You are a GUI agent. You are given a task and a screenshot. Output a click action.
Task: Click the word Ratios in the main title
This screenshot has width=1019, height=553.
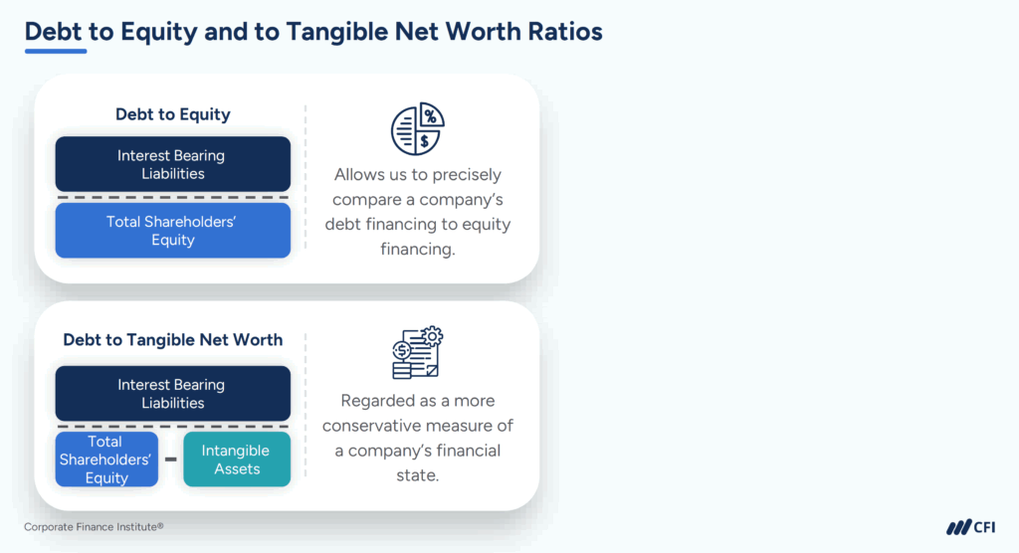(x=559, y=31)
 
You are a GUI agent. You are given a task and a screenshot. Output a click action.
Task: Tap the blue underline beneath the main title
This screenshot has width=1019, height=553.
(x=56, y=51)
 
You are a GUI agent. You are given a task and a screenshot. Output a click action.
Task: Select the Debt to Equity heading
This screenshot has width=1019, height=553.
(x=172, y=114)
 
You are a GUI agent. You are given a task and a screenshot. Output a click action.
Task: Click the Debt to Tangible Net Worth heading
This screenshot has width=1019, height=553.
(x=172, y=340)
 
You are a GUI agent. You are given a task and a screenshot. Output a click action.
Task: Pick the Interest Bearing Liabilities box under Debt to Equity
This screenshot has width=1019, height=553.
(x=172, y=164)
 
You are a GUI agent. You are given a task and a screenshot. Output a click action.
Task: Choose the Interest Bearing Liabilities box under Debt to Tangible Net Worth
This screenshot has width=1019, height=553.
(x=172, y=393)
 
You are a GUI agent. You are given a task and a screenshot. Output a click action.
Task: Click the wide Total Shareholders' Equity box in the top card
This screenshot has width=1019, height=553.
(x=172, y=231)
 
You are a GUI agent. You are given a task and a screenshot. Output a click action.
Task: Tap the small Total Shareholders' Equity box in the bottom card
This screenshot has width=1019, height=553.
(x=106, y=460)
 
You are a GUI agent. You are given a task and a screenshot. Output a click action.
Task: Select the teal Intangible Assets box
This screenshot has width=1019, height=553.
(x=237, y=460)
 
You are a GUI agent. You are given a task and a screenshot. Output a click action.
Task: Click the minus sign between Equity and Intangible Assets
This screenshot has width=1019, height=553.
(x=170, y=460)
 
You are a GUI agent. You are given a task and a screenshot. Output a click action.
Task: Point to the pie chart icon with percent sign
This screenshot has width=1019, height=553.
(x=417, y=128)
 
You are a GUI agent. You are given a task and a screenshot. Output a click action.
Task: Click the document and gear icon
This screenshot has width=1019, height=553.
(x=417, y=353)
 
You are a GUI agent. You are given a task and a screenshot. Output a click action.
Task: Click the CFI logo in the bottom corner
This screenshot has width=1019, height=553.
(x=969, y=527)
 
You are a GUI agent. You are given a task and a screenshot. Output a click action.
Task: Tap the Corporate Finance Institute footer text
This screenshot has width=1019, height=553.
(x=94, y=527)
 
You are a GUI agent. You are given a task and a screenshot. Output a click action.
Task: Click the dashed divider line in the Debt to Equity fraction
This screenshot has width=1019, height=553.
(x=172, y=198)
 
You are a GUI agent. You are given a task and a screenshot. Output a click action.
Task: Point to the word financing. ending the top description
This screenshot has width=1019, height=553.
(x=417, y=249)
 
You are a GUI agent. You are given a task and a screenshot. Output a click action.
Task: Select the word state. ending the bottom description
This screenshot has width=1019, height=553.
(x=417, y=475)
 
